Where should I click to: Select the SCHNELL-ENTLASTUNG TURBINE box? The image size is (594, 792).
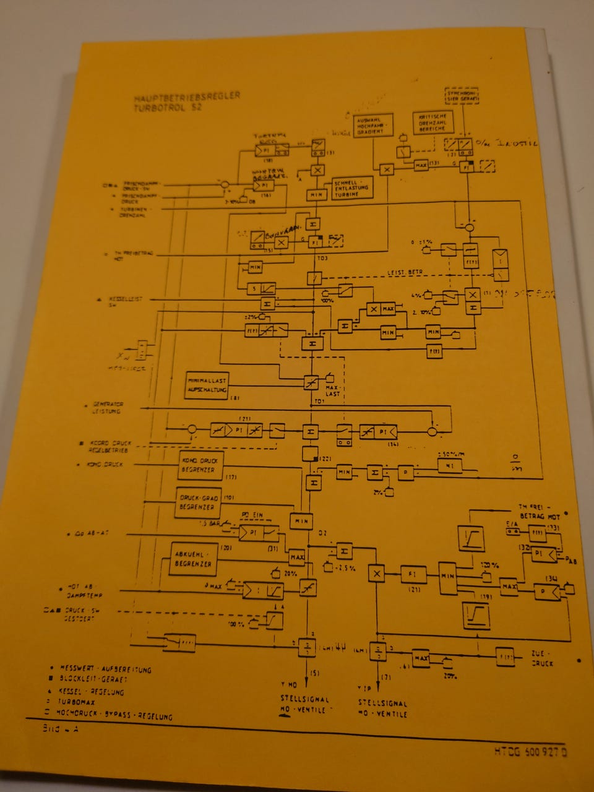coord(353,188)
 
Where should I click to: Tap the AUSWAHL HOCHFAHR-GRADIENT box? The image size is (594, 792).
coord(369,126)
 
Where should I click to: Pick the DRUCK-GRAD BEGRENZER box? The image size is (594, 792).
coord(198,502)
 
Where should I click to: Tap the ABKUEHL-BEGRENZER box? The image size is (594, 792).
coord(193,559)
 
